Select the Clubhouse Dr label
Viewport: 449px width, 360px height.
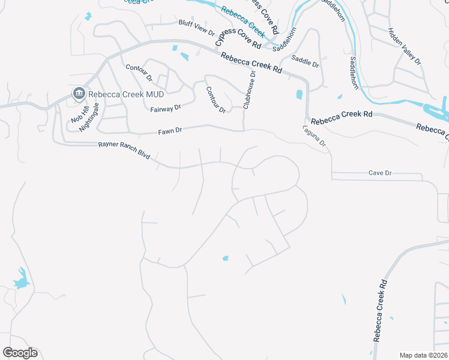(x=249, y=89)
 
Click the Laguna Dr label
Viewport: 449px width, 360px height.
(x=314, y=136)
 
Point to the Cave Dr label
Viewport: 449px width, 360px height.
(x=380, y=173)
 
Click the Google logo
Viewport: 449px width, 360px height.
(x=20, y=353)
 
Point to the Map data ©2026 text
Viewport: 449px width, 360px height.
(x=424, y=355)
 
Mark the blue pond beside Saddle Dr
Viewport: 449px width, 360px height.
(x=299, y=94)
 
